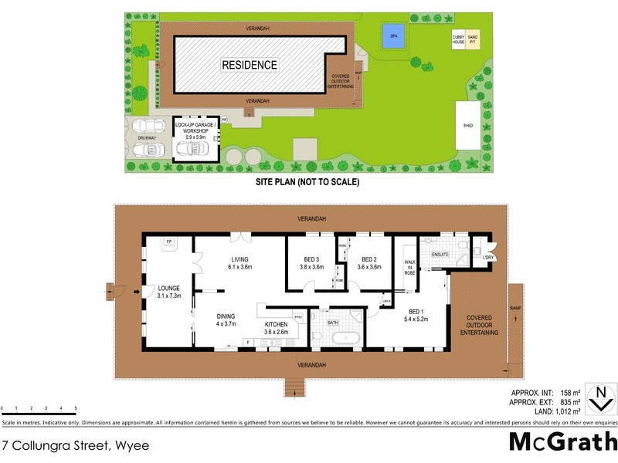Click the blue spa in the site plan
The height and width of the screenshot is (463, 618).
393,36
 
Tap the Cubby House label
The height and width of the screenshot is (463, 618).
458,38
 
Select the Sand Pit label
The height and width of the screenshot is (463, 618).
473,38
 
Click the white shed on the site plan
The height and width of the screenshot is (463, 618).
467,125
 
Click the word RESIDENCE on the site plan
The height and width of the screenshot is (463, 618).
250,65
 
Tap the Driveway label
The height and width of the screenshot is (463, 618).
147,138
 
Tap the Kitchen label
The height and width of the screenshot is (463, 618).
276,328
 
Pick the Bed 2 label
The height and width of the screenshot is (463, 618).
368,263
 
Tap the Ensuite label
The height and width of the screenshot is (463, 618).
440,253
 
